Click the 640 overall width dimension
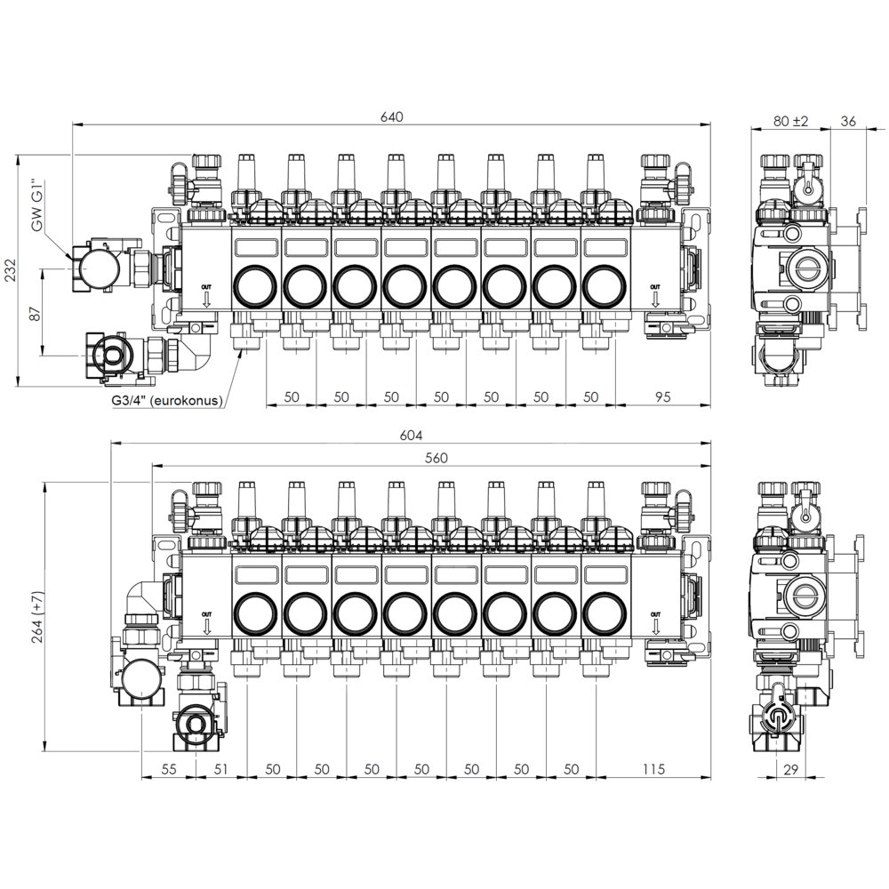point(392,116)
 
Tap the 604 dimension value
point(411,435)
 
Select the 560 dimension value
point(436,458)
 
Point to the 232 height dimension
point(11,270)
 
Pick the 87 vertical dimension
point(36,314)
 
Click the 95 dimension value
point(663,396)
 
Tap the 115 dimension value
point(653,769)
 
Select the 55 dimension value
point(169,769)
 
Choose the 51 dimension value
point(221,769)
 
